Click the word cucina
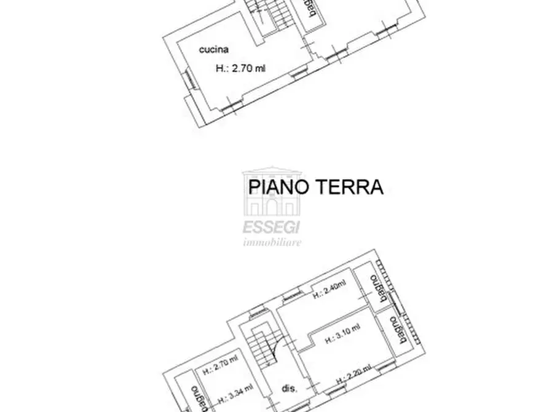(x=214, y=49)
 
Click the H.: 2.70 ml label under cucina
(x=240, y=69)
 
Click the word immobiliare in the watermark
(x=272, y=242)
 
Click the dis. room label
(x=290, y=389)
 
